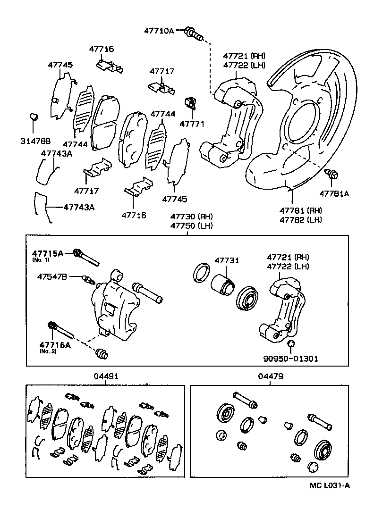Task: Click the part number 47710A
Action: click(159, 31)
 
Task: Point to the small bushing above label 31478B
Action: click(33, 116)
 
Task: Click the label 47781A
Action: click(334, 193)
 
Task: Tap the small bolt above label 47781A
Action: click(332, 175)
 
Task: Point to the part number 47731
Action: click(227, 260)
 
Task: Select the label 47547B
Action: click(53, 276)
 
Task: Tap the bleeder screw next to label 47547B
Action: click(88, 280)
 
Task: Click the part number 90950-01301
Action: click(290, 359)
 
